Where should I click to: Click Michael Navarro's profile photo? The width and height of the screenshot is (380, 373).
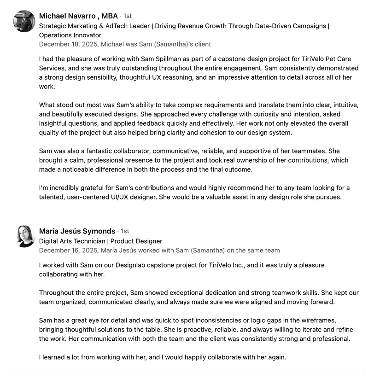pos(24,21)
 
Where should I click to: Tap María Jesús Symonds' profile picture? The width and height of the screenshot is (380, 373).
pos(26,236)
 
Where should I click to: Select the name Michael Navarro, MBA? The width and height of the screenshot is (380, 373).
pos(78,16)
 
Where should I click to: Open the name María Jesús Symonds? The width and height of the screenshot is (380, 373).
pos(77,231)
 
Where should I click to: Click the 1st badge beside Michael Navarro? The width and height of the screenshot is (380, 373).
pos(127,16)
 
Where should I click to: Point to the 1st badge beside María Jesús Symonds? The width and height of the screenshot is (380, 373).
pos(124,231)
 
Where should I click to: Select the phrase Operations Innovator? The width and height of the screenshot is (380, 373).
pos(70,35)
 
